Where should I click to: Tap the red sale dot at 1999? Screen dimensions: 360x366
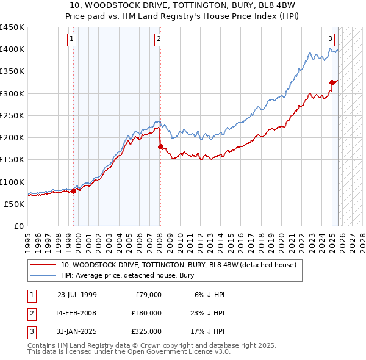pos(73,191)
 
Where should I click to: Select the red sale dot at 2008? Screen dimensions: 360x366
pos(160,146)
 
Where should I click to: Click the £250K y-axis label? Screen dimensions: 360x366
pos(12,115)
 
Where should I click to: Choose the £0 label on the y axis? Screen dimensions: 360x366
pos(18,226)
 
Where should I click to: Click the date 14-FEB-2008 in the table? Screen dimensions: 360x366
pos(76,313)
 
